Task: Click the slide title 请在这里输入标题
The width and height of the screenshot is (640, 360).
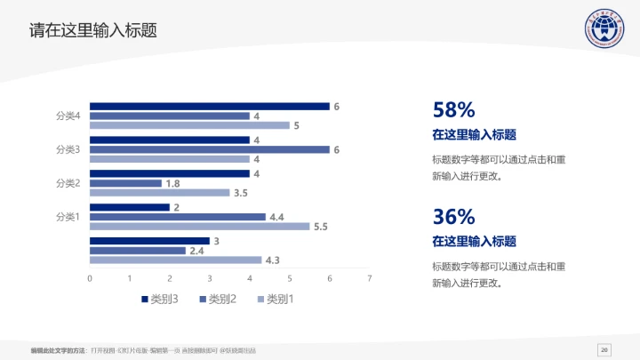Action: point(92,30)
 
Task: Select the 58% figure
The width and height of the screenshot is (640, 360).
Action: point(453,110)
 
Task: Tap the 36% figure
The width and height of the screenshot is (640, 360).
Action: point(453,216)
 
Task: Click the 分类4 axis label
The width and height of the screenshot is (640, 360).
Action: point(68,116)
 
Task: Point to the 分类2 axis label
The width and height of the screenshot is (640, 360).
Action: point(68,183)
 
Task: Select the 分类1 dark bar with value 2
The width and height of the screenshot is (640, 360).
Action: point(130,207)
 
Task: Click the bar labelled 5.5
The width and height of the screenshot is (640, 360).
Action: point(200,227)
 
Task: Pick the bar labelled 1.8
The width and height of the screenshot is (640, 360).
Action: point(126,183)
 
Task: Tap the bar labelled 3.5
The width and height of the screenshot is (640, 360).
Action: point(160,193)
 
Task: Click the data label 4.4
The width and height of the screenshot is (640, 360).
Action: point(276,217)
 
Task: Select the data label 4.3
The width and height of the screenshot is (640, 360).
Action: point(272,260)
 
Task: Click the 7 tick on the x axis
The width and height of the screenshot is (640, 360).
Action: point(369,279)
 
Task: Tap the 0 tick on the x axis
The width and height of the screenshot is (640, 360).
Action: point(90,279)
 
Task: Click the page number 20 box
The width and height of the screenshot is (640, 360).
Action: point(604,348)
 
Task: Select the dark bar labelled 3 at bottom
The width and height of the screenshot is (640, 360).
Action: point(149,241)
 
